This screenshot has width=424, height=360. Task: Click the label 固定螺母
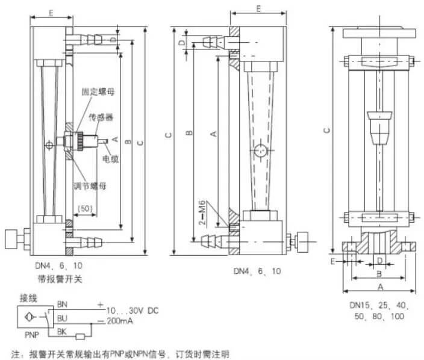(99, 92)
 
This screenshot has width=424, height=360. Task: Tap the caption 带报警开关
(57, 278)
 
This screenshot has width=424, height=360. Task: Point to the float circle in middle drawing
(259, 151)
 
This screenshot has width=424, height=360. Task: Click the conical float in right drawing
(378, 127)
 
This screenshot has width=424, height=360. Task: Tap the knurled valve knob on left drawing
(11, 237)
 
